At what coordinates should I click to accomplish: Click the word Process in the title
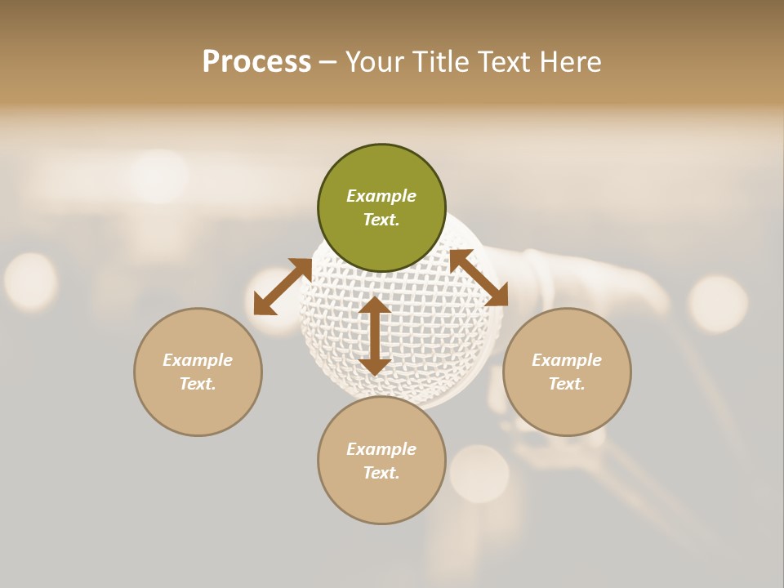tap(256, 62)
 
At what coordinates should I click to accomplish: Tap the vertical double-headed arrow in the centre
tap(375, 336)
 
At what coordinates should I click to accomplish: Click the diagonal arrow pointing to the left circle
tap(283, 287)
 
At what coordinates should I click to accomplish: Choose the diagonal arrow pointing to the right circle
tap(479, 278)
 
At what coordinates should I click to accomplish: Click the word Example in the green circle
tap(381, 196)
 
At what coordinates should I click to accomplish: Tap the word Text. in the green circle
tap(381, 220)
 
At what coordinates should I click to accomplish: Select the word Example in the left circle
tap(198, 360)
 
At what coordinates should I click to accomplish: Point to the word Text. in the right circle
tap(567, 384)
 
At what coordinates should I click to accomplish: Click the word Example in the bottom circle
tap(381, 449)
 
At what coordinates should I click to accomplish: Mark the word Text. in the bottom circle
tap(381, 473)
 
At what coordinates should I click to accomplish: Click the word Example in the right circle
tap(567, 360)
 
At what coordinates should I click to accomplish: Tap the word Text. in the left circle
tap(198, 384)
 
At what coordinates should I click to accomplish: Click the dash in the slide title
tap(328, 63)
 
